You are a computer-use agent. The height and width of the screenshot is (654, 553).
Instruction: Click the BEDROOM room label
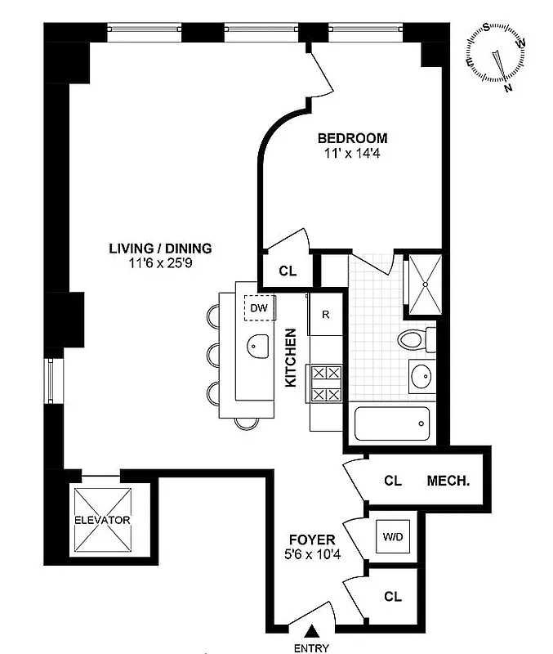tap(352, 138)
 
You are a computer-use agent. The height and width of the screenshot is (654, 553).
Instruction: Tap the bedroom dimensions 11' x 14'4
tap(352, 152)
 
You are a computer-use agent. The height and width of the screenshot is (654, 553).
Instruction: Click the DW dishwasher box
tap(259, 307)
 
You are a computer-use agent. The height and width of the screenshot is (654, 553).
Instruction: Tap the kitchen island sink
tap(258, 346)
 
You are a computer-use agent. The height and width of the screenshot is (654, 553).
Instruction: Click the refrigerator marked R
tap(324, 315)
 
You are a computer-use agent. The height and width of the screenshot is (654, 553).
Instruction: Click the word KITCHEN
tap(290, 357)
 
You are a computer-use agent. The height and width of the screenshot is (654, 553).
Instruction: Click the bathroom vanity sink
tap(423, 377)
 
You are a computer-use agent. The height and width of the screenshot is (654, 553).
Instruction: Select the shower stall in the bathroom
tap(425, 284)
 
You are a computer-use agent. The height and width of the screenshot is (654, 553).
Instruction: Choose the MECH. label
tap(448, 481)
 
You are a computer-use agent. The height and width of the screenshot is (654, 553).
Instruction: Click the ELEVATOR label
tap(102, 520)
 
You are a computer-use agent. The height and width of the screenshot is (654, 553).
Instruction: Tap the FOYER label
tap(312, 540)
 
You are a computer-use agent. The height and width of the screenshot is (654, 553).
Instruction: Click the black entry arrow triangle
tap(311, 630)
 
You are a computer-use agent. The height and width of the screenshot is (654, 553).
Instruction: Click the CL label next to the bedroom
tap(287, 271)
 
